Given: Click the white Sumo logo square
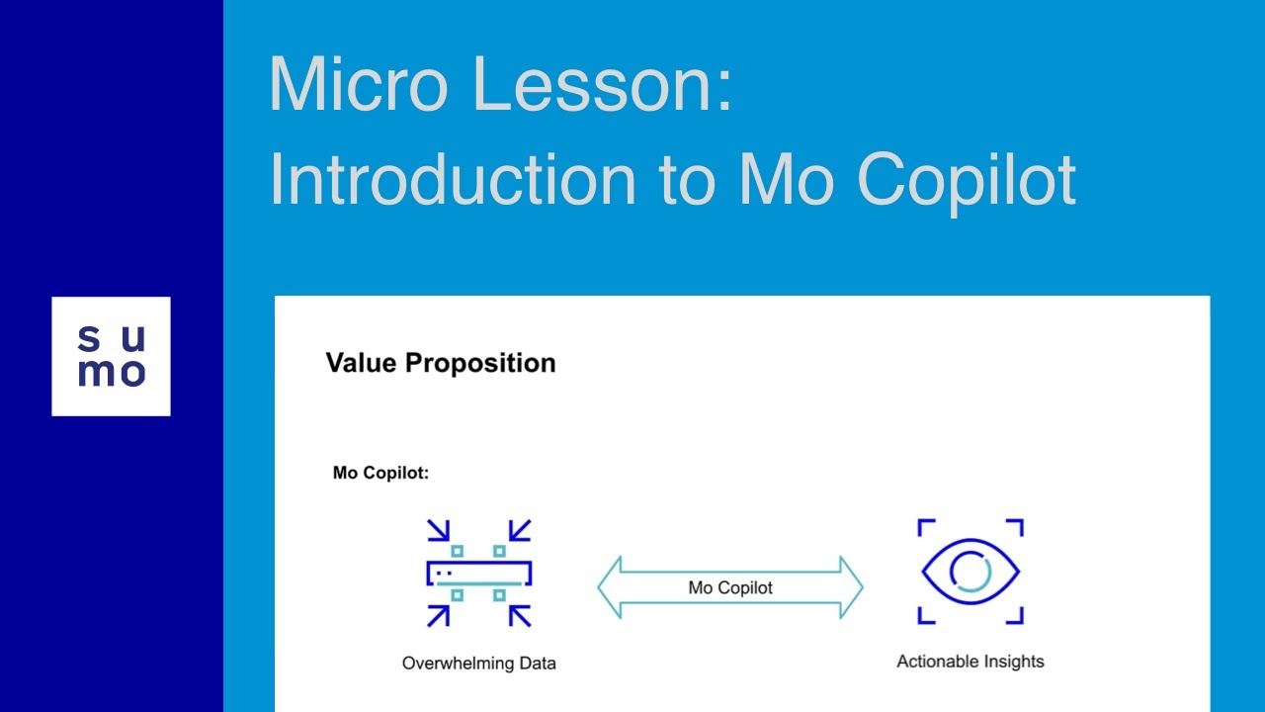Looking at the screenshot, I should [111, 356].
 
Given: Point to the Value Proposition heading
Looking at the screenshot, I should [441, 363].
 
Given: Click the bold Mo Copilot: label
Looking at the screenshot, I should [380, 473].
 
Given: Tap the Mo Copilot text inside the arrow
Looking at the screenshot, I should [730, 587].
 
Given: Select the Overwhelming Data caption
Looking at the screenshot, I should [478, 663].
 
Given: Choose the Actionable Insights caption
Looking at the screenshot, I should [970, 662].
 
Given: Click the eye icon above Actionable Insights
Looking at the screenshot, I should [970, 572].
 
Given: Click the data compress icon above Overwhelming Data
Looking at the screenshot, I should [479, 573].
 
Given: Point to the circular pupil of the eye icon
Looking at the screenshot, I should [970, 572].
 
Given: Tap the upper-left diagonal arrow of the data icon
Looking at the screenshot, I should [438, 531].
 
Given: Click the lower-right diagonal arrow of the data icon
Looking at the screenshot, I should [520, 615].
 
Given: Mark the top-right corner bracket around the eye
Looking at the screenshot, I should [1014, 527].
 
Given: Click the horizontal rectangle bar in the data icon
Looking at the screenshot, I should [479, 573].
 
